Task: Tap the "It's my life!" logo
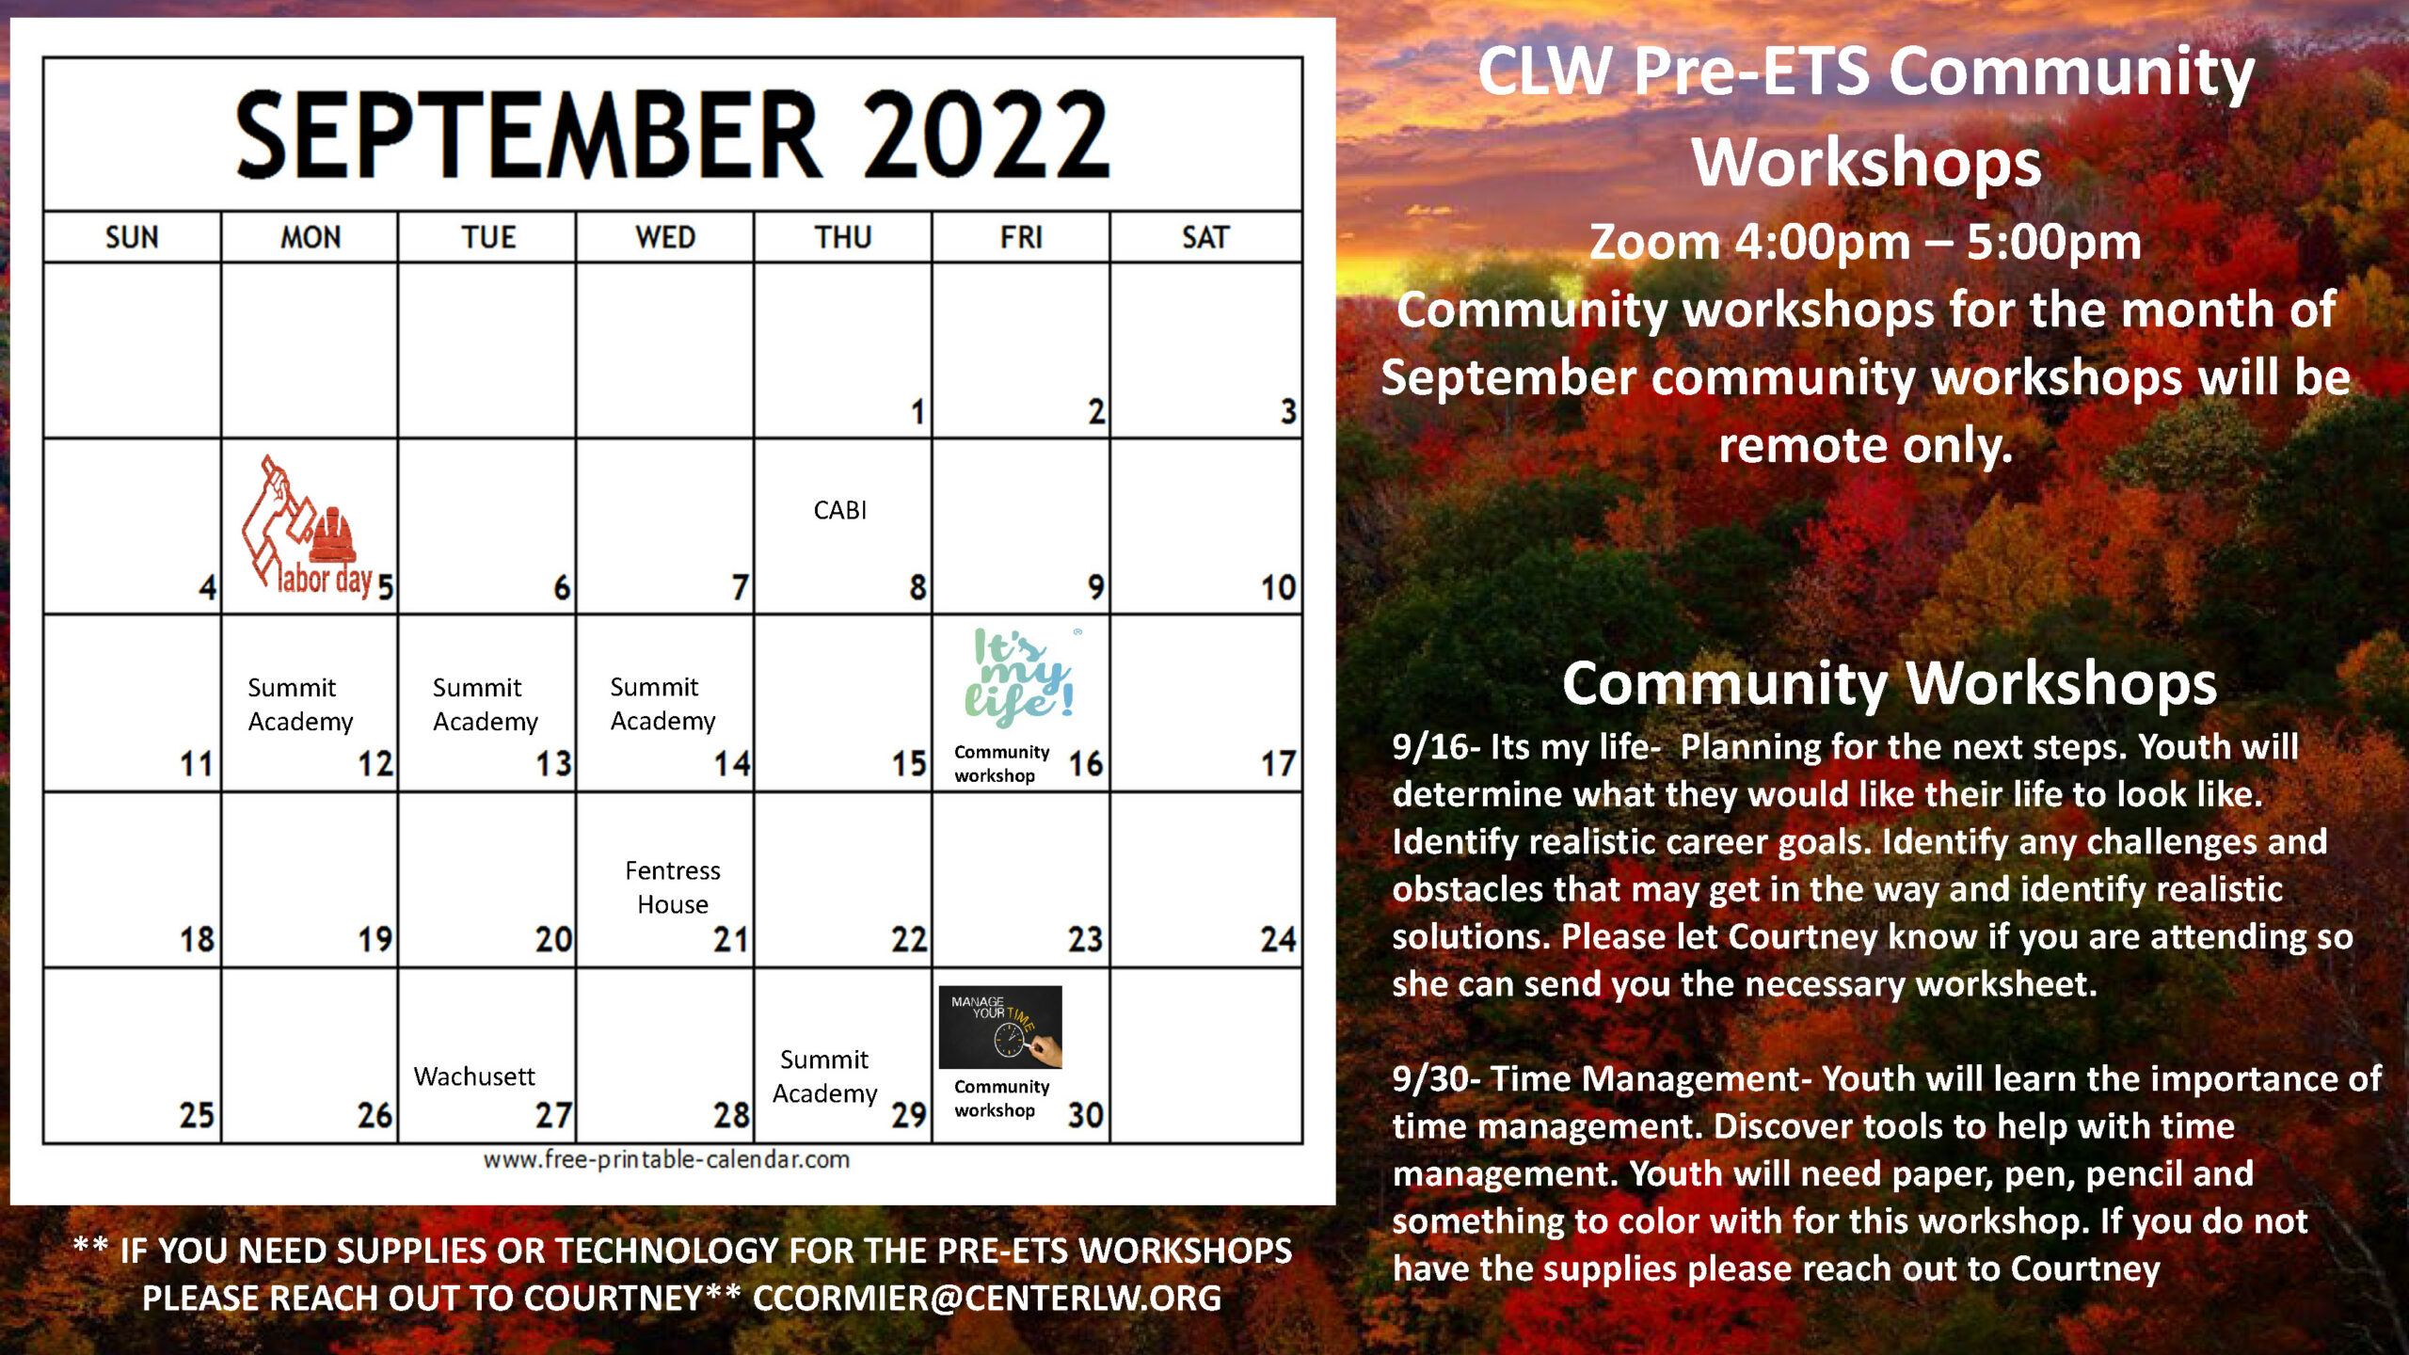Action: (1022, 677)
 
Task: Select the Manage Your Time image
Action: (1000, 1027)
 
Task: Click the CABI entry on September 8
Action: (839, 510)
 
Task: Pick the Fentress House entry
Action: (673, 887)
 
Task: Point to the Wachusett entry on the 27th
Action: (474, 1076)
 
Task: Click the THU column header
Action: (843, 237)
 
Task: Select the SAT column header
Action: (1205, 237)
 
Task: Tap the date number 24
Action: (1278, 939)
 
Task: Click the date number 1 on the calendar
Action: (917, 411)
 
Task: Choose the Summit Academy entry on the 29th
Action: (824, 1076)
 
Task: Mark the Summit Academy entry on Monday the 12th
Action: (300, 704)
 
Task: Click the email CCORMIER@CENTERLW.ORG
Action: (987, 1299)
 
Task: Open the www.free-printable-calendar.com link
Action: (666, 1159)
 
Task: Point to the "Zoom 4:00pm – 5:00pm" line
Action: (1865, 243)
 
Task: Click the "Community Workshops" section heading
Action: (1890, 683)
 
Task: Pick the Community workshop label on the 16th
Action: (1001, 763)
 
